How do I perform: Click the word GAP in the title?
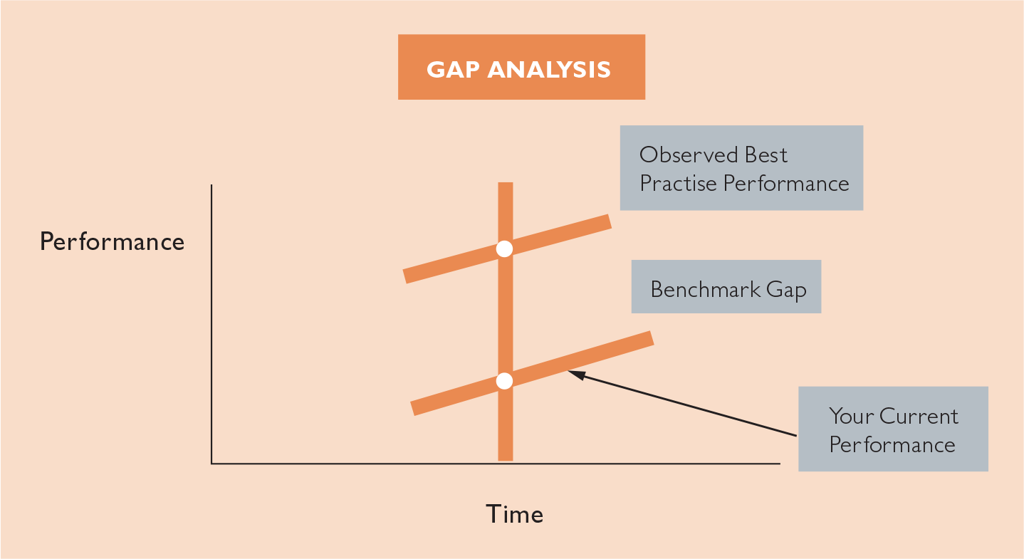pyautogui.click(x=453, y=70)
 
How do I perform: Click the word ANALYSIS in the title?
pyautogui.click(x=549, y=70)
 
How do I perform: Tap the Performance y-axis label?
pyautogui.click(x=112, y=241)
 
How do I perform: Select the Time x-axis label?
pyautogui.click(x=514, y=513)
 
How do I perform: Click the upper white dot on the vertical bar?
pyautogui.click(x=504, y=249)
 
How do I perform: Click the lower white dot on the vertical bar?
pyautogui.click(x=504, y=381)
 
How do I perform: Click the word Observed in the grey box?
pyautogui.click(x=688, y=155)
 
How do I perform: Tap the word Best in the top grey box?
pyautogui.click(x=766, y=155)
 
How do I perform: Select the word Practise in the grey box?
pyautogui.click(x=678, y=183)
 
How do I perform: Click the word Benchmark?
pyautogui.click(x=706, y=289)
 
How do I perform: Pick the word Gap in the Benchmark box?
pyautogui.click(x=786, y=291)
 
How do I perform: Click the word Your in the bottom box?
pyautogui.click(x=851, y=416)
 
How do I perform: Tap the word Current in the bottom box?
pyautogui.click(x=919, y=416)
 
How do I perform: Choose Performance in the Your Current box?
pyautogui.click(x=892, y=445)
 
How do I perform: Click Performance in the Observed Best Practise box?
pyautogui.click(x=786, y=183)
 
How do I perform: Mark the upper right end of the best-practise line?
pyautogui.click(x=610, y=221)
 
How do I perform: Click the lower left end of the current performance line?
pyautogui.click(x=412, y=409)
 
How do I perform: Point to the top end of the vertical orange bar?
pyautogui.click(x=505, y=183)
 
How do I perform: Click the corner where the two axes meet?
pyautogui.click(x=211, y=464)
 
